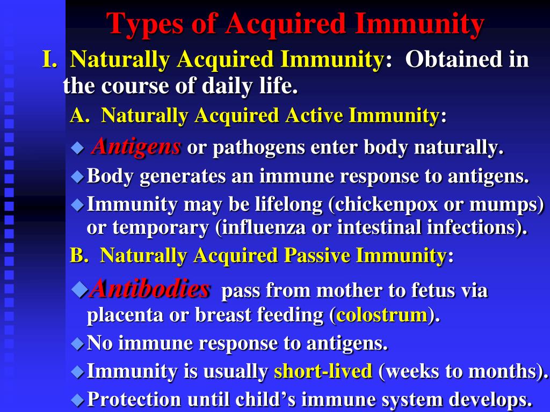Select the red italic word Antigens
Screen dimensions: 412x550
click(136, 146)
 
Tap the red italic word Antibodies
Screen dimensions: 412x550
click(150, 290)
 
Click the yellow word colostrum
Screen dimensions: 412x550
click(381, 315)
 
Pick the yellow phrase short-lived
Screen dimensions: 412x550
click(323, 371)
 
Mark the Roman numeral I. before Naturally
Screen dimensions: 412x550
click(50, 60)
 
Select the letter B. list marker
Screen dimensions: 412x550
click(79, 255)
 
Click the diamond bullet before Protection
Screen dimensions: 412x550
click(78, 400)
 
